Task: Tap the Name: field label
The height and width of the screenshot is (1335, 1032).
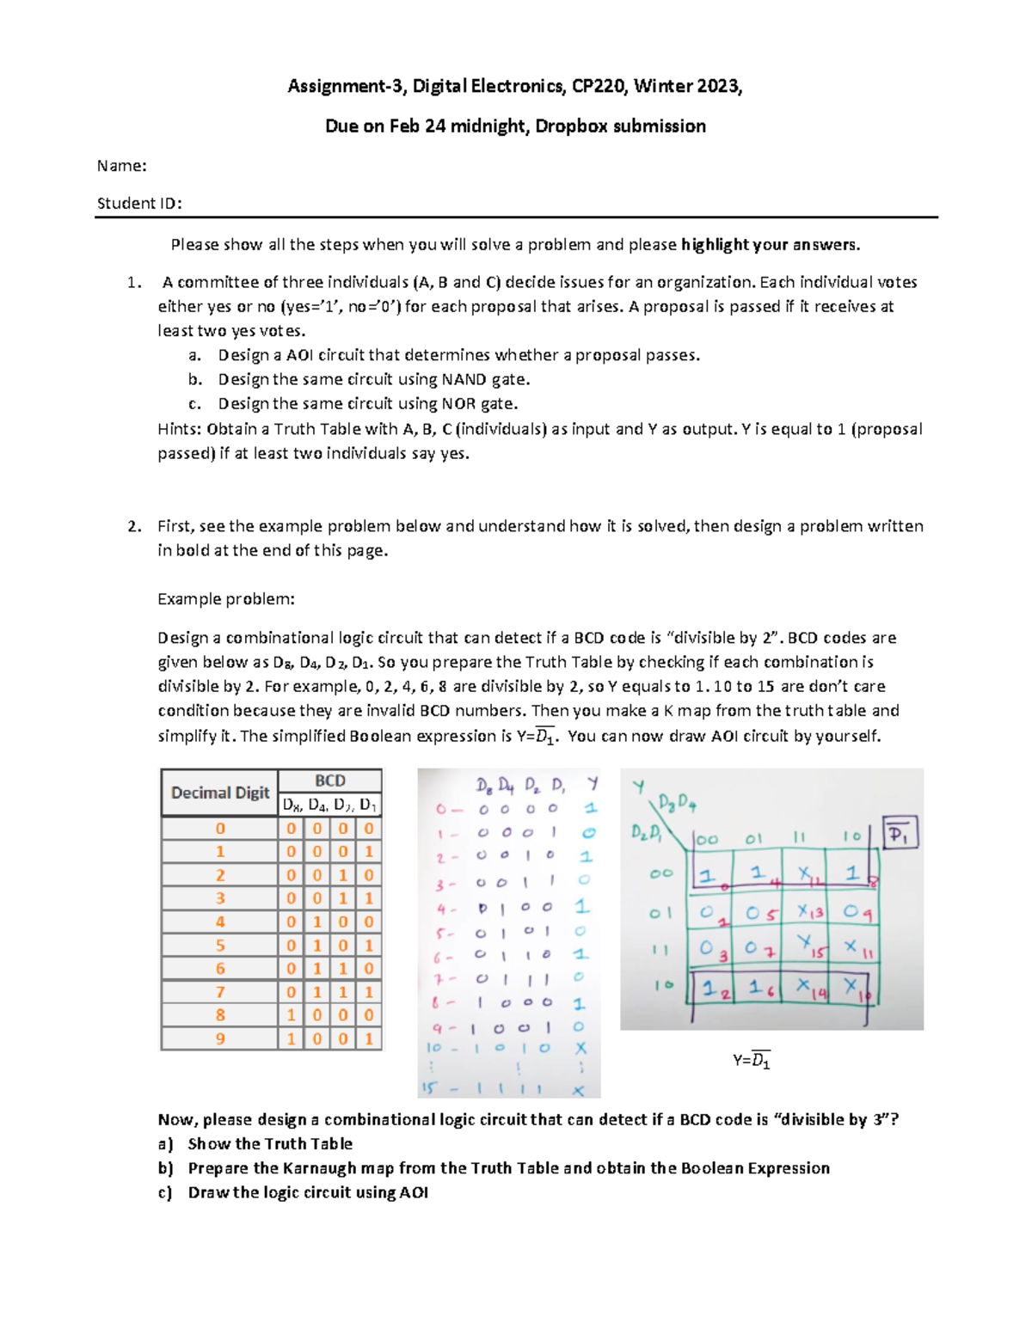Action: (x=121, y=166)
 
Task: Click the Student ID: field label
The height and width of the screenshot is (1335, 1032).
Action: (x=139, y=204)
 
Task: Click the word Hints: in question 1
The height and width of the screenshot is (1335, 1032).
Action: (x=180, y=429)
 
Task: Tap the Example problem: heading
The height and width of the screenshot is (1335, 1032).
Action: (x=226, y=599)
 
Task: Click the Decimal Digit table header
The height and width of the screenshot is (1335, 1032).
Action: (x=220, y=793)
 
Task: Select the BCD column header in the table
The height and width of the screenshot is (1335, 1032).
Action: (x=330, y=781)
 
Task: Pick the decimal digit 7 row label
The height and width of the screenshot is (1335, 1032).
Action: (x=220, y=992)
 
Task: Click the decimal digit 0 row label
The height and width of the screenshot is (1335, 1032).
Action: (x=220, y=829)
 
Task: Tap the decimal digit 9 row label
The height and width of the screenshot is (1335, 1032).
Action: (x=220, y=1038)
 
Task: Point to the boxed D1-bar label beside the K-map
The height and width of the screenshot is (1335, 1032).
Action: (x=900, y=833)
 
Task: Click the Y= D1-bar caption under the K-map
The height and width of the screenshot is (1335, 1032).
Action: (x=751, y=1061)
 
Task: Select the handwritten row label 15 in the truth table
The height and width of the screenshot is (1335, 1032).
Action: (x=429, y=1088)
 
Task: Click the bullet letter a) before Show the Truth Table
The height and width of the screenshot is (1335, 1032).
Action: (x=165, y=1144)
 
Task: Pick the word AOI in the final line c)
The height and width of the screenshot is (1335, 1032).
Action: (x=414, y=1192)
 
